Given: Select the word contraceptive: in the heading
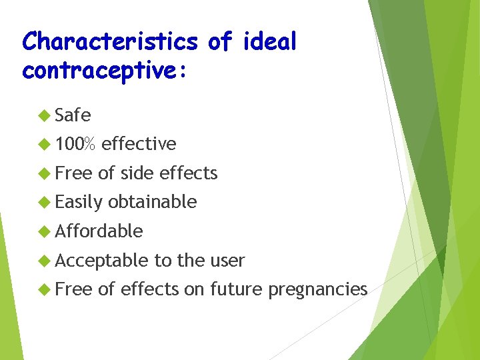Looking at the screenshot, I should point(105,70).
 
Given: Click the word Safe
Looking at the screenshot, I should point(73,115).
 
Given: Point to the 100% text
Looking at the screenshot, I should point(75,144).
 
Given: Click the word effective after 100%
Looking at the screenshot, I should point(139,144).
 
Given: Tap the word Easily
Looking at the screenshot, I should point(79,202).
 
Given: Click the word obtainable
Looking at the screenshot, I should point(152,202).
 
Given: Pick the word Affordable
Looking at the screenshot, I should point(99,231).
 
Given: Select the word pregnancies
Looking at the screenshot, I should point(317,290).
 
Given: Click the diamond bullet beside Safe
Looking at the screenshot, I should point(45,115).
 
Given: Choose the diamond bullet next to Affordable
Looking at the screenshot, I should point(45,231).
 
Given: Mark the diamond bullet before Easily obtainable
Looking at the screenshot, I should point(45,202).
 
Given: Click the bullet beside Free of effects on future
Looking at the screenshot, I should point(45,289).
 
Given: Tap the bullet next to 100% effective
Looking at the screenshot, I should point(45,144).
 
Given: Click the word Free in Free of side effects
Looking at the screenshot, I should point(74,173).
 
